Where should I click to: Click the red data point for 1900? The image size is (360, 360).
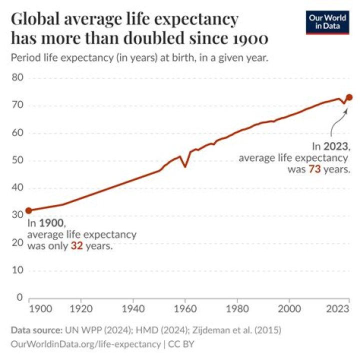[28, 210]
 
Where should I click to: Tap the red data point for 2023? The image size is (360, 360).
[349, 97]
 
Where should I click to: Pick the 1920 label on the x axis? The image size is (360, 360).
[81, 308]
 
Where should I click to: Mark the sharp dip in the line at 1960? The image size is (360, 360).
[185, 166]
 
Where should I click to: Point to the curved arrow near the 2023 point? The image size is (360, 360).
[338, 120]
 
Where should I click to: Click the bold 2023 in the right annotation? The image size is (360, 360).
[335, 146]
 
